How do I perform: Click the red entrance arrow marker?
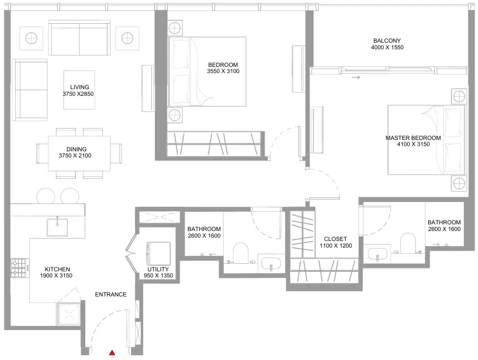point(112,353)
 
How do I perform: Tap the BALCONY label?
point(387,40)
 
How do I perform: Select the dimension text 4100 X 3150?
point(413,144)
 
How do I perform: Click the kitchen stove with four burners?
point(19,268)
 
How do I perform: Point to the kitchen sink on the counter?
point(57,227)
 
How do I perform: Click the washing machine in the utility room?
point(158,254)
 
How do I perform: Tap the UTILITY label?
point(158,269)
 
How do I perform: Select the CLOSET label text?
point(335,239)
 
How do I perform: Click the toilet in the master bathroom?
point(408,243)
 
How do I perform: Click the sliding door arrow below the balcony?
point(356,77)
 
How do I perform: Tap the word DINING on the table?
point(76,149)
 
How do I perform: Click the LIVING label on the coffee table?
point(80,87)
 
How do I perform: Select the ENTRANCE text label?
point(110,295)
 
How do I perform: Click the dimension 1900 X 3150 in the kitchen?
point(56,276)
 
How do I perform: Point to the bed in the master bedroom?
point(427,140)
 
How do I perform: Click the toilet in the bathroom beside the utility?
point(240,253)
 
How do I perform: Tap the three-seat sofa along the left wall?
point(30,90)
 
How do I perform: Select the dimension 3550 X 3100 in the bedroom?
point(223,71)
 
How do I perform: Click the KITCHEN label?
point(57,269)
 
